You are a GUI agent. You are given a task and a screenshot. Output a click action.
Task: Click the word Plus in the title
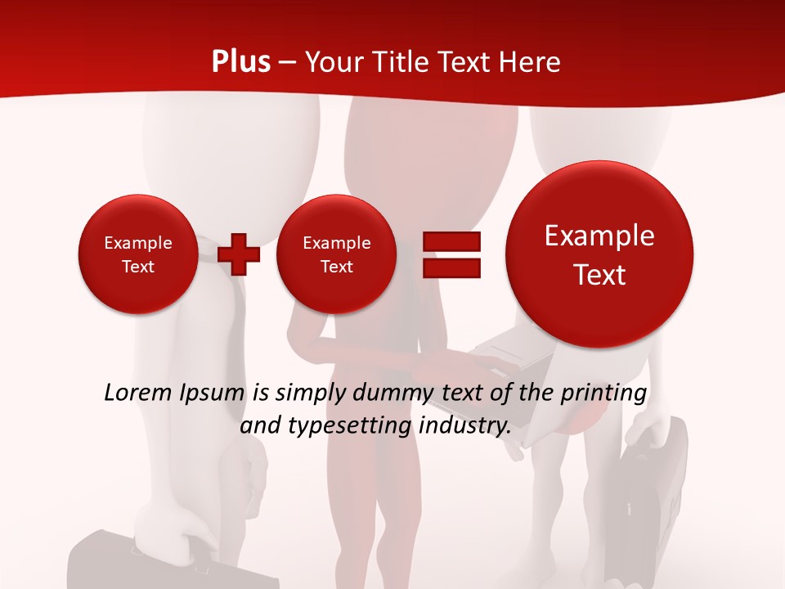coord(240,62)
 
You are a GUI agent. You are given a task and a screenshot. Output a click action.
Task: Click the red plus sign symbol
coord(239,254)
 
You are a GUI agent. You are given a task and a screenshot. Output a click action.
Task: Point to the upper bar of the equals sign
coord(451,241)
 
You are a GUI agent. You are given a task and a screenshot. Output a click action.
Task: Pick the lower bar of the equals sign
coord(451,268)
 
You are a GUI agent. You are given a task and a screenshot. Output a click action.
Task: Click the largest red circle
coord(599,254)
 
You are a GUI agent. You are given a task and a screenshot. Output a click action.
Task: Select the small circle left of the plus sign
coord(137,254)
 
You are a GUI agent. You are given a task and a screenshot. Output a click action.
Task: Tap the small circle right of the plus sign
coord(336,254)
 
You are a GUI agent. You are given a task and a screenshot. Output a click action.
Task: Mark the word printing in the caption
coord(606,393)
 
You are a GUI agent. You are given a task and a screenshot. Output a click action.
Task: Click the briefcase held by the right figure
coord(650,491)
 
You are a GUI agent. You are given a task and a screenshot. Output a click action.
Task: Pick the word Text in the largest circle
coord(599,275)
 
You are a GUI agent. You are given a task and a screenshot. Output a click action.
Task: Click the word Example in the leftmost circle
coord(138,243)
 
